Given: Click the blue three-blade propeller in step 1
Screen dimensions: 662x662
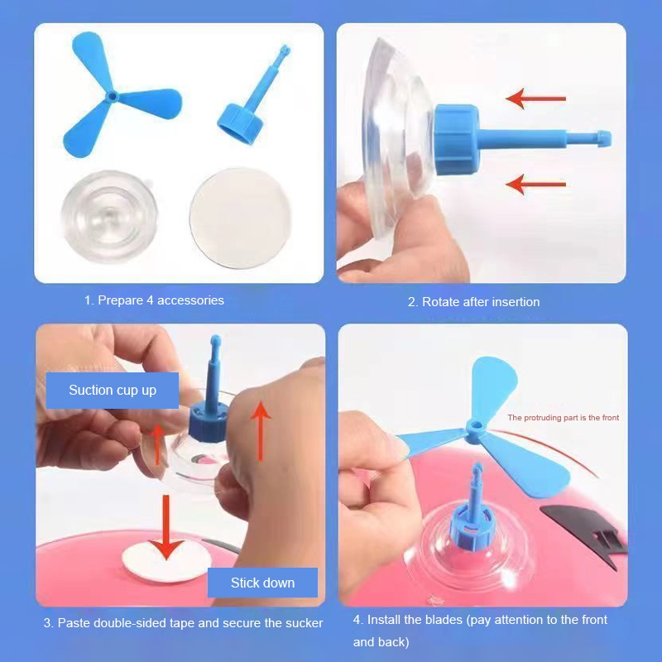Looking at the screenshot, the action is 112,97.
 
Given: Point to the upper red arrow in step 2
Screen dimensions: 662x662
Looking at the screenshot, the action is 535,98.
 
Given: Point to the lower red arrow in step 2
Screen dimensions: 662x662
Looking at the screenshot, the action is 535,185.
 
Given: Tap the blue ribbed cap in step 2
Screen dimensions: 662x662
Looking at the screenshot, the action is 457,139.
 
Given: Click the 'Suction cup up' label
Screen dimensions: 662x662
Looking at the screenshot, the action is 113,390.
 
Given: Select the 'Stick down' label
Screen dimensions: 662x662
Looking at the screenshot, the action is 262,583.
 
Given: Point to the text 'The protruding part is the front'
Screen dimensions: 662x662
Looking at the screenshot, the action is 564,418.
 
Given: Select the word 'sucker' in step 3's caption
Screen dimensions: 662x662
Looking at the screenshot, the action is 305,623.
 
